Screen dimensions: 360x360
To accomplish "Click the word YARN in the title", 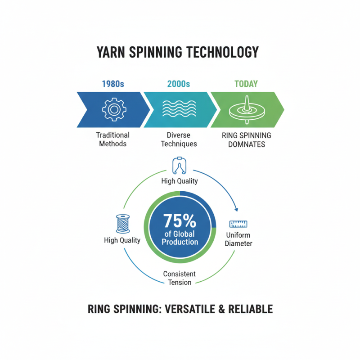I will pos(111,52).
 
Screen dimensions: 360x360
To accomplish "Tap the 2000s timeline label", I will pos(178,84).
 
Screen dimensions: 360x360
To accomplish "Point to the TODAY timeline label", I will pos(246,84).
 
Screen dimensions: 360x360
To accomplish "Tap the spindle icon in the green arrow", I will pos(246,109).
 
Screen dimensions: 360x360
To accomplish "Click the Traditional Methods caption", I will pos(112,139).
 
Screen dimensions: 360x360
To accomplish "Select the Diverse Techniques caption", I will pos(178,139).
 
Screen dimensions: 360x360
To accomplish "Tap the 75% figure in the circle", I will pos(180,221).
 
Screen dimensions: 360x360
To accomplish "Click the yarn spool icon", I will pos(122,223).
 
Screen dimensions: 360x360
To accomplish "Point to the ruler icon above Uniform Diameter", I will pos(238,224).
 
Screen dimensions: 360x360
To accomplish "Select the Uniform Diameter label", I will pos(238,239).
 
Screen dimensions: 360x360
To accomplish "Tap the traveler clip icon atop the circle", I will pos(180,166).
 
